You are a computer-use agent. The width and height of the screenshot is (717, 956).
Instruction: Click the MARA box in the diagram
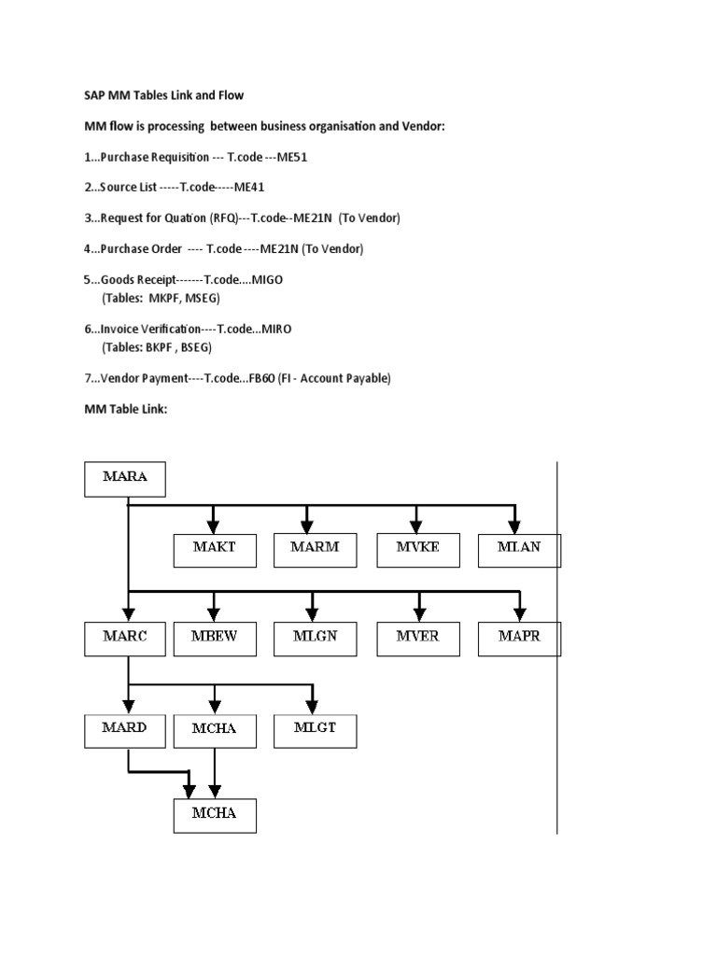point(125,480)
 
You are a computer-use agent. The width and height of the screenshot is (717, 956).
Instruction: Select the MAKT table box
point(215,549)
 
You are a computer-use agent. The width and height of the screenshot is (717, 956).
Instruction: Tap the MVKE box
point(416,549)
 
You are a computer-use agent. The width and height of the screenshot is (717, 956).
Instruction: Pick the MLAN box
point(519,549)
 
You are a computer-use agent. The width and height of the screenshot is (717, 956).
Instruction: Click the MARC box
point(125,638)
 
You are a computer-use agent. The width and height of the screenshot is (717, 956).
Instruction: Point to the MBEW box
point(215,638)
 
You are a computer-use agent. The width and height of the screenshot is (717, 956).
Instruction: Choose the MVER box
point(416,638)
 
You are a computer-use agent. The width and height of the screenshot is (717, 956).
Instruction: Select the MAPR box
point(519,638)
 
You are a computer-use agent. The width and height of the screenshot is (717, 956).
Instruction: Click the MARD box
point(125,728)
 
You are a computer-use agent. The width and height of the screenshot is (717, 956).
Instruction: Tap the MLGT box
point(315,728)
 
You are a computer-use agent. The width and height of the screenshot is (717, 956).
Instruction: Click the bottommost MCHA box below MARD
point(215,813)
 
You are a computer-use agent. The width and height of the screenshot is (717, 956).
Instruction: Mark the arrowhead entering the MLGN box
point(316,612)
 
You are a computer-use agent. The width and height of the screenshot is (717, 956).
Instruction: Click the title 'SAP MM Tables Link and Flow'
point(163,95)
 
